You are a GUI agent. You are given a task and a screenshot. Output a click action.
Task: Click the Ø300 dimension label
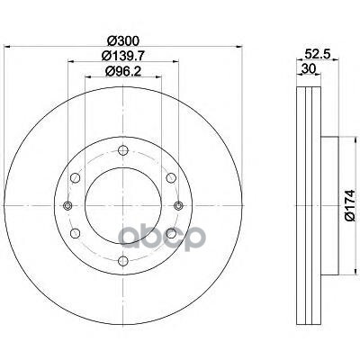[x=123, y=40]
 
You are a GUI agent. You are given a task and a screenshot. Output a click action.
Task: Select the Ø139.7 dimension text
[x=123, y=56]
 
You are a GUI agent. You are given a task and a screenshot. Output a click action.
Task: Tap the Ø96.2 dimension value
[x=123, y=71]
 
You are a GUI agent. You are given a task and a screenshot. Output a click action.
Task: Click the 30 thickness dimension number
[x=309, y=69]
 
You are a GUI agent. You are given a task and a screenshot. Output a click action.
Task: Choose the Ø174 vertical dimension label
[x=349, y=205]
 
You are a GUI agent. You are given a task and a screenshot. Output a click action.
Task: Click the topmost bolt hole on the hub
[x=123, y=150]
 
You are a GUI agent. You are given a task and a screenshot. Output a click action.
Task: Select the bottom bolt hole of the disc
[x=123, y=260]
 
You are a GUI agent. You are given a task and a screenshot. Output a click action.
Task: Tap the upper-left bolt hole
[x=76, y=177]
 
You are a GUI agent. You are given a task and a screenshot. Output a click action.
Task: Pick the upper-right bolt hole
[x=171, y=177]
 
